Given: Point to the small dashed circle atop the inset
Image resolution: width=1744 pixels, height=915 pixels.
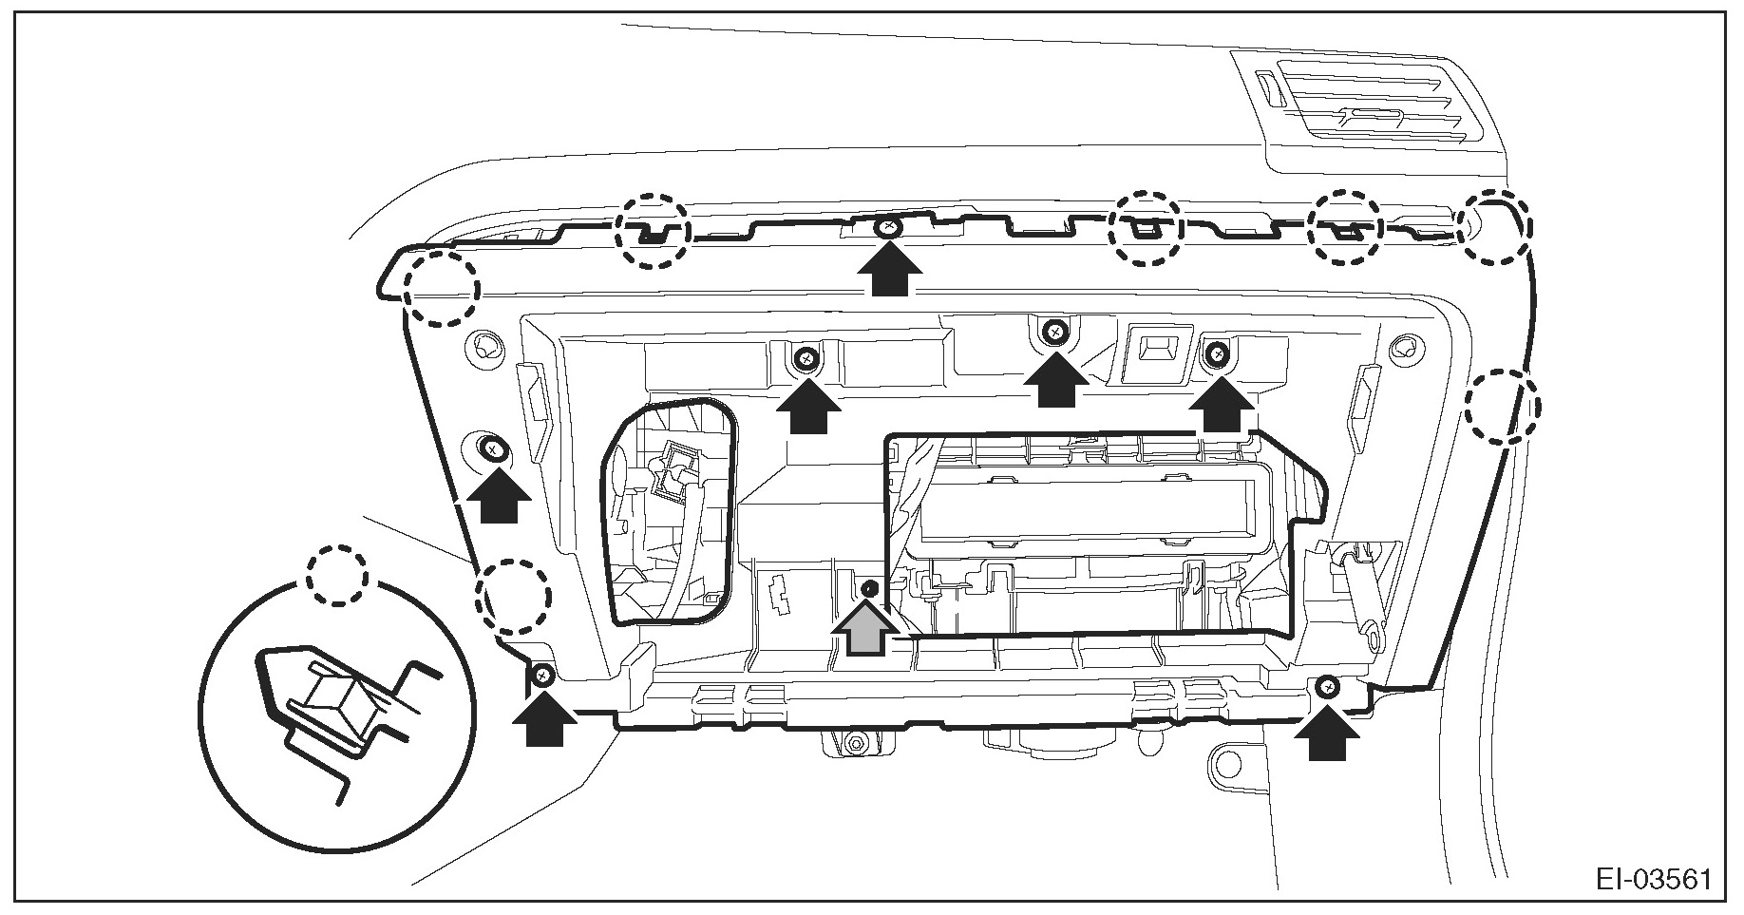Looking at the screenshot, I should (x=336, y=574).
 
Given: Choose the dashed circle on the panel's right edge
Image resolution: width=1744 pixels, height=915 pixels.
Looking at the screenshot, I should (x=1501, y=407).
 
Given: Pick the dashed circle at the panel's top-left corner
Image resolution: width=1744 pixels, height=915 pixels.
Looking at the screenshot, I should (x=441, y=289).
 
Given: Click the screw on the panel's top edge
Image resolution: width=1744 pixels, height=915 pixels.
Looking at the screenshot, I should (x=888, y=227).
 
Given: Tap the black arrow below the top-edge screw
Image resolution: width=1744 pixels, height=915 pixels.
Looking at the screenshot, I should (x=889, y=271).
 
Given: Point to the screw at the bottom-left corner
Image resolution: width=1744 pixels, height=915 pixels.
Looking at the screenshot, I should (x=542, y=675).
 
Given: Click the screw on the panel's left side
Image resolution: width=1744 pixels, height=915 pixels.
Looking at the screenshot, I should (x=492, y=448).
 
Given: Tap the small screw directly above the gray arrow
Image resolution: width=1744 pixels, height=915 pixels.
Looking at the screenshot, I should (x=868, y=589).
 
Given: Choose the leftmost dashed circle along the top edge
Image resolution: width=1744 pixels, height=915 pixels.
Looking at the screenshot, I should (x=651, y=230).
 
